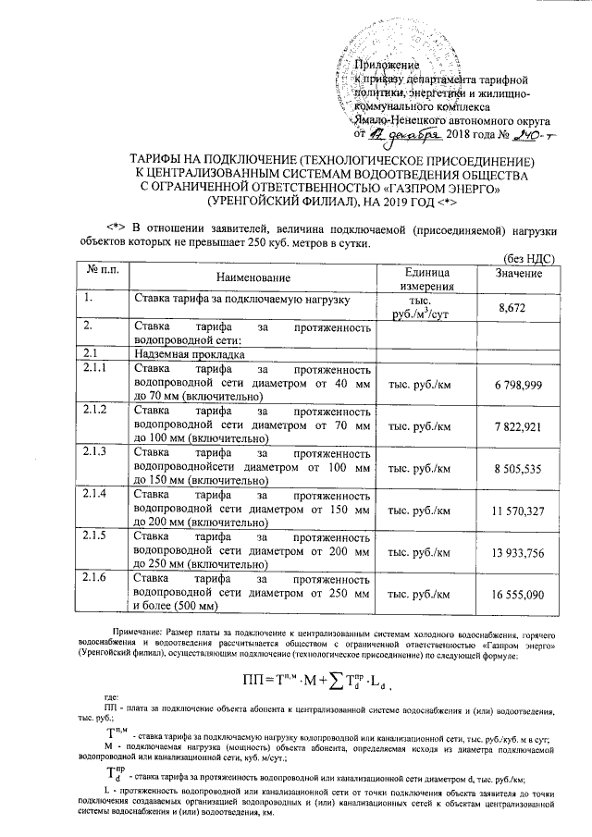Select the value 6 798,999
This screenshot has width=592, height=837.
518,384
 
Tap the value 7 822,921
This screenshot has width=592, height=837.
518,426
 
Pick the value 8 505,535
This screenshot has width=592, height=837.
518,470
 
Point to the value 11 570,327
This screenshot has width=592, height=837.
518,511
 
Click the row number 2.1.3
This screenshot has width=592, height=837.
95,451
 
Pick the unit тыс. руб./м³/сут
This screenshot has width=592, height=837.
426,308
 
